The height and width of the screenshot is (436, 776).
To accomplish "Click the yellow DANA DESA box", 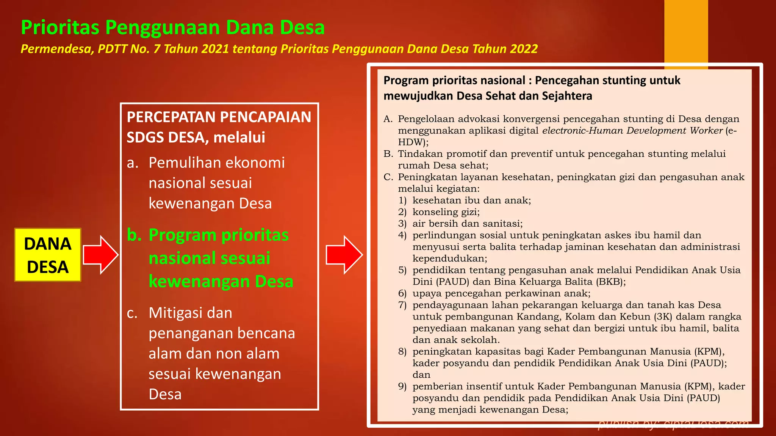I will coord(48,255).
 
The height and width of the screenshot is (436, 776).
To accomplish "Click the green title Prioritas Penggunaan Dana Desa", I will coord(173,27).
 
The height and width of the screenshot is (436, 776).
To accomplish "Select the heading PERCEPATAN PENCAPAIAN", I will coord(219,117).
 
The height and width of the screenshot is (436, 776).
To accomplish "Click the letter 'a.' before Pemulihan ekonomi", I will coord(133,163).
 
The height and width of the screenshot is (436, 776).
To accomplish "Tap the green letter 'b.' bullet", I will coord(134,235).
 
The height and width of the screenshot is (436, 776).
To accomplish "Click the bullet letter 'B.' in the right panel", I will coord(388,154).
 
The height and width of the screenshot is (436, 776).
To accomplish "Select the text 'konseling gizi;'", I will coord(446,212).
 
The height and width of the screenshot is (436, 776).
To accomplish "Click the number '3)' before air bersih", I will coord(402,224).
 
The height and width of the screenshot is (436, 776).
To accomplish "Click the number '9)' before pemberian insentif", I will coord(402,386).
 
